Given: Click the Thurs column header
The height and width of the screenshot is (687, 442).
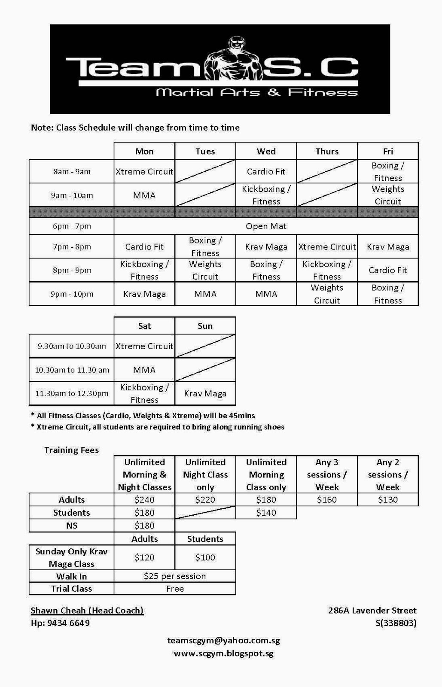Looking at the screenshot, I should point(327,151).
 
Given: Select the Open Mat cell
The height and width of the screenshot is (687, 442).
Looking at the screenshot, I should point(266,226).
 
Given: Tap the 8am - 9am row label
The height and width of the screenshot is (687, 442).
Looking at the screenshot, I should point(72,172).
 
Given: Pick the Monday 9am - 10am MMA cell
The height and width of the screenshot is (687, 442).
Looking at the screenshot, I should point(144,195).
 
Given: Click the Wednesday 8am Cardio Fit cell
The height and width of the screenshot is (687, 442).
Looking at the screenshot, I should point(266,172).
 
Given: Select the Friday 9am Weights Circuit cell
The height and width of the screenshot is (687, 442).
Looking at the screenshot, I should point(387,195).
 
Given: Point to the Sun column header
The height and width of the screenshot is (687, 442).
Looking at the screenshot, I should point(205,326).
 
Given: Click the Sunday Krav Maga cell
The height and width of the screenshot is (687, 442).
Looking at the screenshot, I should point(205,394).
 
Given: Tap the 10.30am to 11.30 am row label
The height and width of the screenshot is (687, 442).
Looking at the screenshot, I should point(72,370).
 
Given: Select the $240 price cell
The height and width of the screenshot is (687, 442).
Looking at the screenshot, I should point(144,500).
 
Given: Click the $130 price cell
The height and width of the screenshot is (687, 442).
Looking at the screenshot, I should point(387,500).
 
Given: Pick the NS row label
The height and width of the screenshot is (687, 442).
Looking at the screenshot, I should point(72,526).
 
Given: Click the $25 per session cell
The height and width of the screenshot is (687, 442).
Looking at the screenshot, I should point(175,576).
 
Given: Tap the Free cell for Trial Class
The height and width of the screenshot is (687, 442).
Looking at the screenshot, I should point(175,589).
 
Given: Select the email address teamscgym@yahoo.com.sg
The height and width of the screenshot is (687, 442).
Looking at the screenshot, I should point(223,641).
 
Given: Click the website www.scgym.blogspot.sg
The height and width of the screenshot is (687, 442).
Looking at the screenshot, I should point(223,654).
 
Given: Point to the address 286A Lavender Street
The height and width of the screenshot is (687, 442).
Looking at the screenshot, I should point(372,611).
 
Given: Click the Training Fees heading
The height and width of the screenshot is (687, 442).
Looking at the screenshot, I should point(71,450).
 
